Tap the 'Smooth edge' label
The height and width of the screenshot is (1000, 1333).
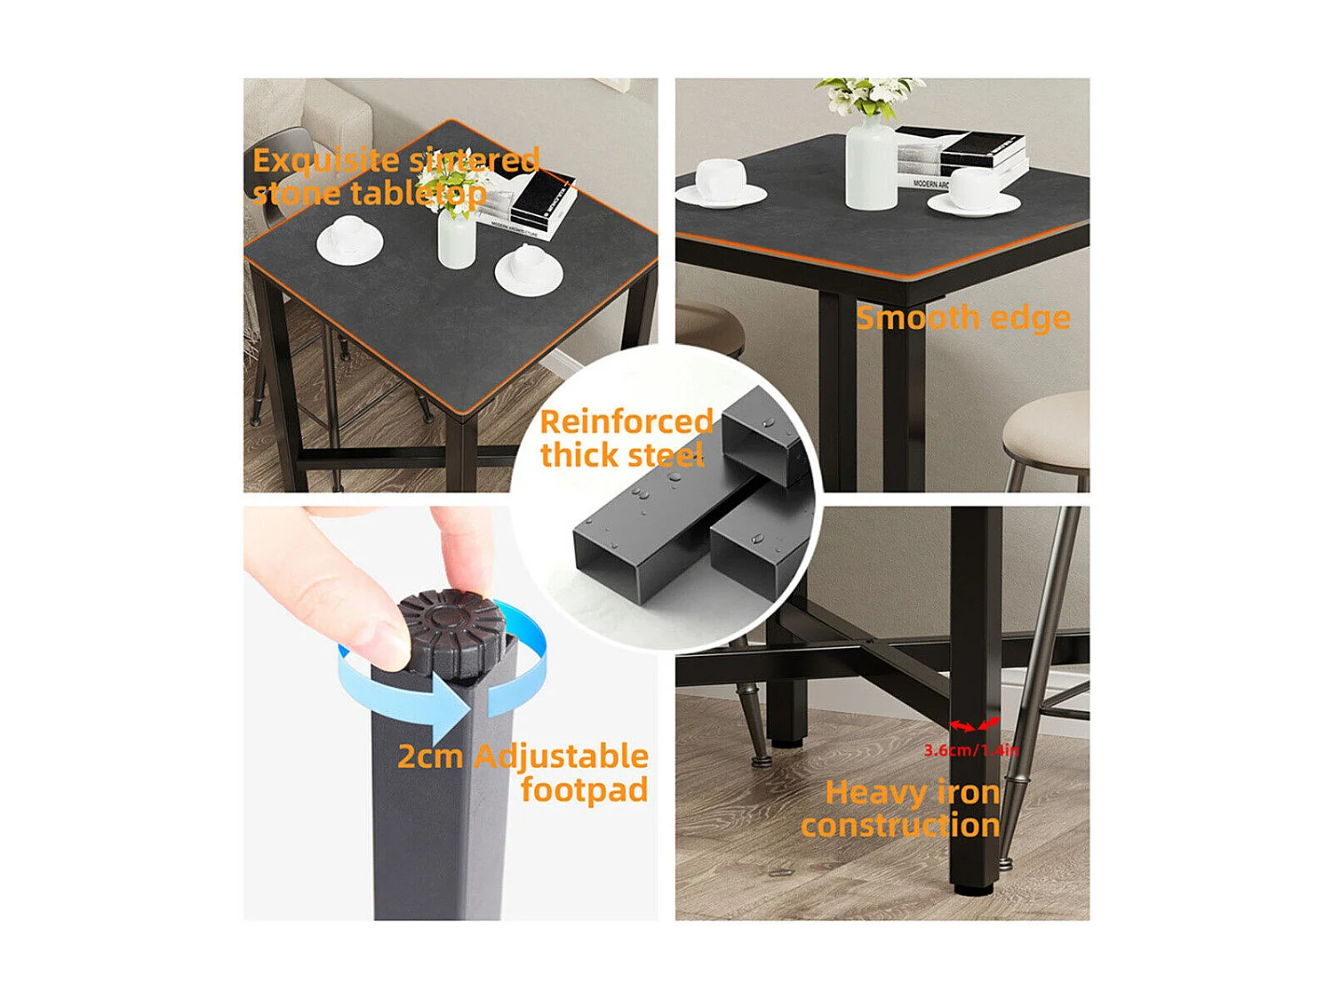962,318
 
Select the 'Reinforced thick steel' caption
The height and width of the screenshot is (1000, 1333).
626,438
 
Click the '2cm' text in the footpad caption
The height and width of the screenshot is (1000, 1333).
430,756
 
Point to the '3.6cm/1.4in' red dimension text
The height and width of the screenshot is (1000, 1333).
971,750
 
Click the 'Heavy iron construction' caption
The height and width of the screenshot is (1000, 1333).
901,809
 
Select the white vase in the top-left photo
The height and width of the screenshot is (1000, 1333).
457,237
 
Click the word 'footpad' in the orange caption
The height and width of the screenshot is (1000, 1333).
584,789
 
